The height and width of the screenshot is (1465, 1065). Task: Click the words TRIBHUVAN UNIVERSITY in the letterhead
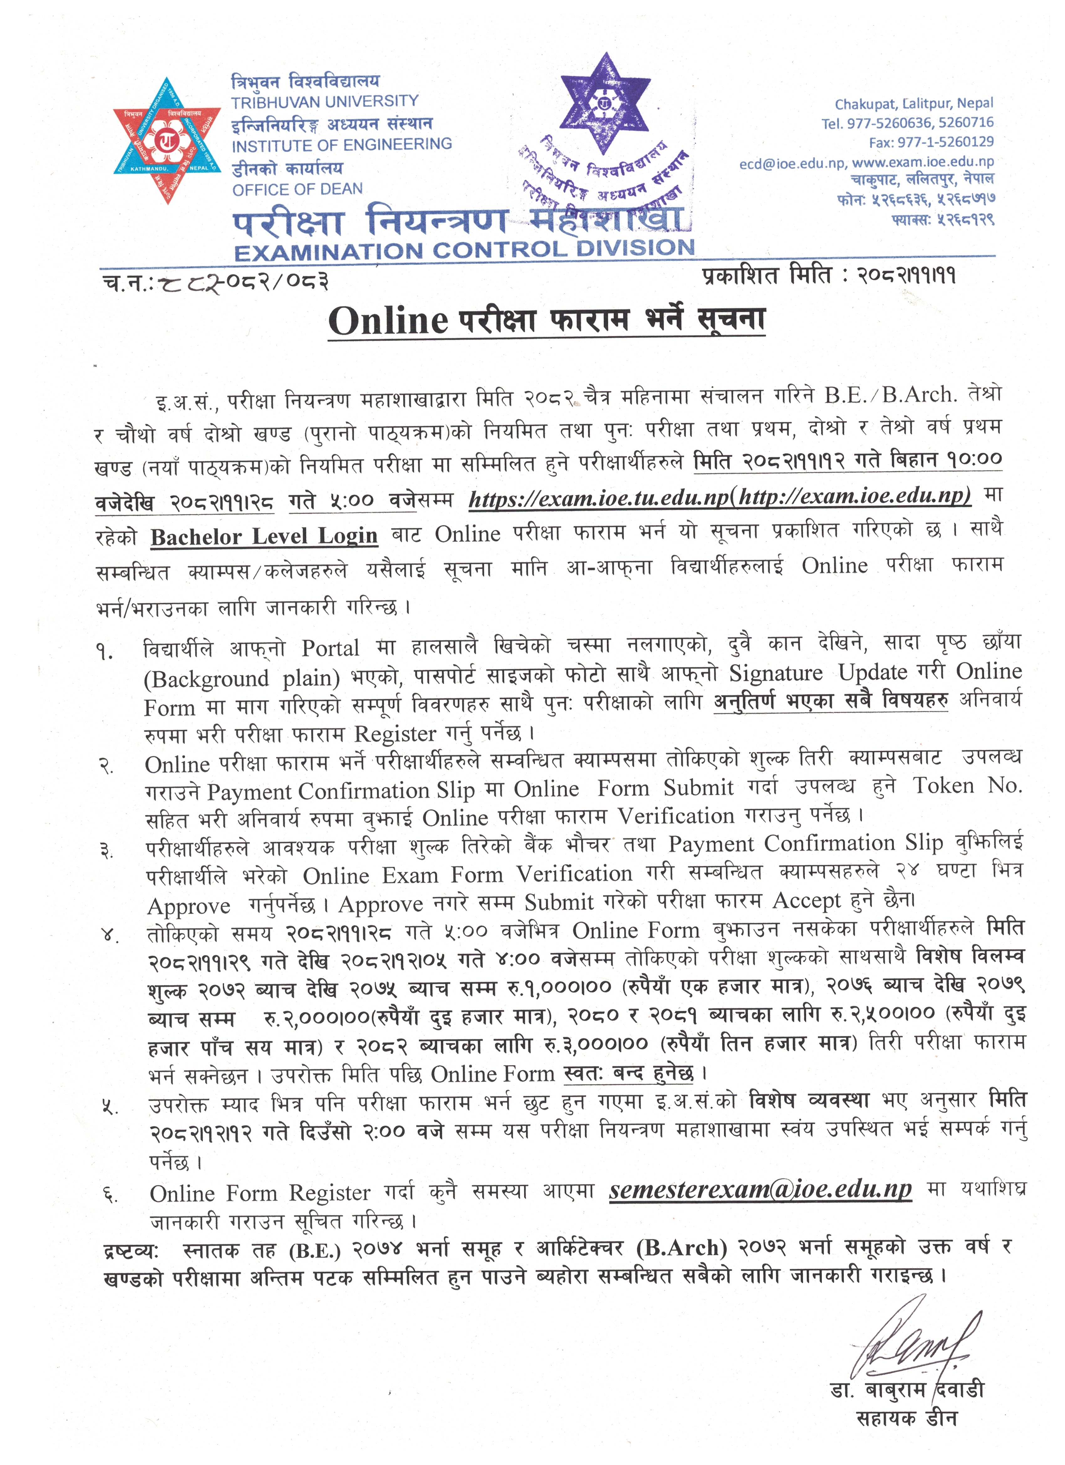pos(325,101)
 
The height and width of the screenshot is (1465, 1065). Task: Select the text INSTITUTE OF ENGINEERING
pos(342,145)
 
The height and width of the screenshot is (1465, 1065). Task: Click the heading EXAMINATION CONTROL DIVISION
pos(464,249)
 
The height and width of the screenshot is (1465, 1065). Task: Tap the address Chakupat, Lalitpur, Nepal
pos(914,103)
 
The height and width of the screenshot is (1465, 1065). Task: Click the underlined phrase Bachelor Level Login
pos(264,536)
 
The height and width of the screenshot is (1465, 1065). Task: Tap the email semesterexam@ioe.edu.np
pos(760,1189)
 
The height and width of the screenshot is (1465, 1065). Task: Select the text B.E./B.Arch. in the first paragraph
pos(890,395)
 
